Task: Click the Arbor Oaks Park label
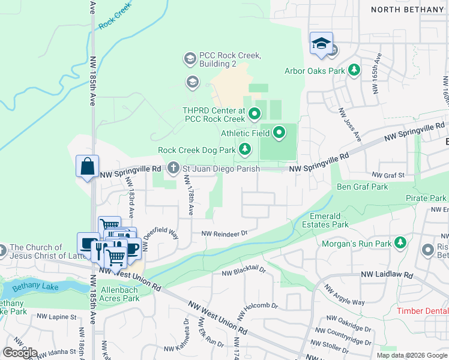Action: (x=315, y=71)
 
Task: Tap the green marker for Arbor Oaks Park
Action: (x=354, y=70)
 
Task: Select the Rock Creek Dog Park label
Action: (x=196, y=150)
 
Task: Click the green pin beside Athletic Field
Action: (x=279, y=133)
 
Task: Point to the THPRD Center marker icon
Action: (x=254, y=113)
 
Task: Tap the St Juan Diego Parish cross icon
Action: (x=174, y=168)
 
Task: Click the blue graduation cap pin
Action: (x=321, y=44)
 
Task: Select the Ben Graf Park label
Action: (x=363, y=187)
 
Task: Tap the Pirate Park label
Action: (x=426, y=198)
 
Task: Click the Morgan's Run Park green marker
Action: (x=401, y=243)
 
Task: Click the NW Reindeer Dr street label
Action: (x=224, y=233)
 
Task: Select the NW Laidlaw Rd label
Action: (x=387, y=275)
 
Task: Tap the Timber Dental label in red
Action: (x=423, y=311)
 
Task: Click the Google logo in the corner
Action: (x=20, y=353)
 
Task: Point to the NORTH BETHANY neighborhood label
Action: (x=407, y=10)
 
